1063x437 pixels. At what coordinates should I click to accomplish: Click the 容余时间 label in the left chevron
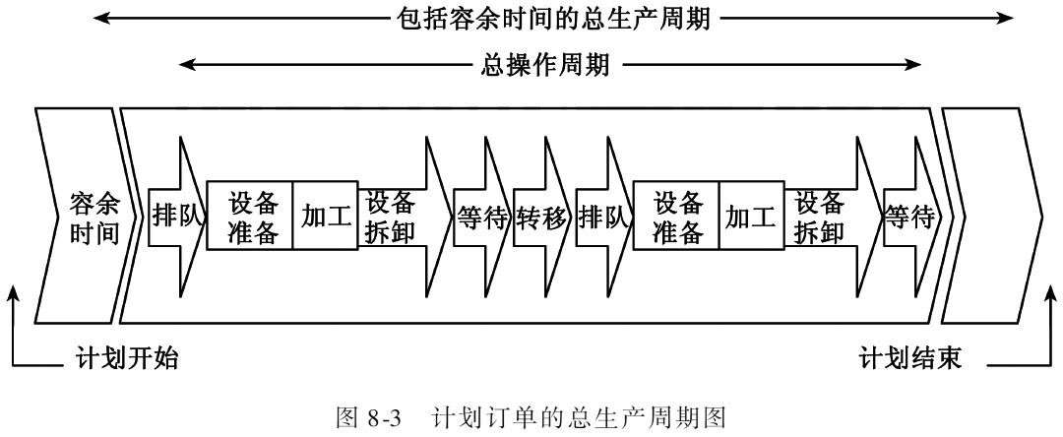95,218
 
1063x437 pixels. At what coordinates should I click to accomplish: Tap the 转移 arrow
541,218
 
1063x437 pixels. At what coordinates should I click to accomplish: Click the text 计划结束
910,358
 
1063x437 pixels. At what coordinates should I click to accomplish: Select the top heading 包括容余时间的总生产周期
549,18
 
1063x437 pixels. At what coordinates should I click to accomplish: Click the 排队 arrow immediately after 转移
602,218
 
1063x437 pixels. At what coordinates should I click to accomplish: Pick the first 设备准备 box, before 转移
252,218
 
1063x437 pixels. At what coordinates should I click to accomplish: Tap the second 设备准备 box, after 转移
676,218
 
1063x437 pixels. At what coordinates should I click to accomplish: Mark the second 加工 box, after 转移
751,218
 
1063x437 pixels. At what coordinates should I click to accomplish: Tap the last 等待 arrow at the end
907,218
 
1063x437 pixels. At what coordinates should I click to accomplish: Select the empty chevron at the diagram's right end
989,218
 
